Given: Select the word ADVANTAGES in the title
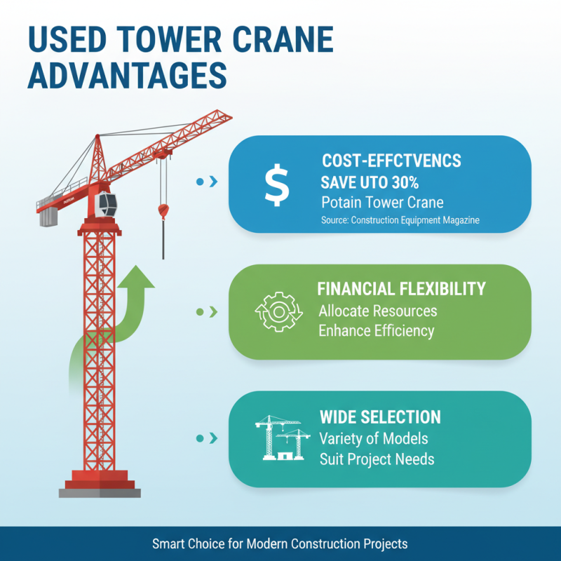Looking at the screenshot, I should click(126, 74).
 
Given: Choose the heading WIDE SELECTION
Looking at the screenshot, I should click(380, 417).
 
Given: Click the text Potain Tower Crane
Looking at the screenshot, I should click(382, 203).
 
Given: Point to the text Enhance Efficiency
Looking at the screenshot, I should click(377, 330).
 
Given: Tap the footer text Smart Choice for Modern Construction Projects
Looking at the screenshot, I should click(280, 543).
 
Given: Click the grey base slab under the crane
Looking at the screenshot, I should click(100, 492).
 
